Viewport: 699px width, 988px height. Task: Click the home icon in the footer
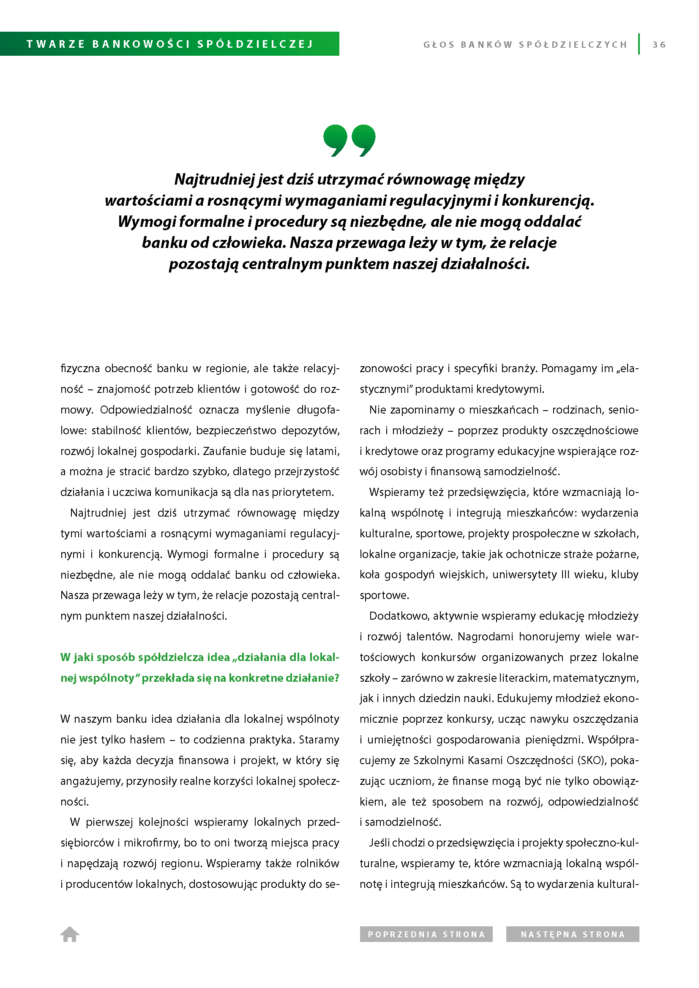pyautogui.click(x=69, y=934)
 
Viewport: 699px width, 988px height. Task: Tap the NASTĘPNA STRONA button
pyautogui.click(x=573, y=934)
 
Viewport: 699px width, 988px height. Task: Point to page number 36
pyautogui.click(x=659, y=44)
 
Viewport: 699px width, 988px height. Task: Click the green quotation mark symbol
pyautogui.click(x=349, y=140)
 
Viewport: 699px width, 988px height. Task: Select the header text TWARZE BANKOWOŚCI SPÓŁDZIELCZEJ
pyautogui.click(x=169, y=44)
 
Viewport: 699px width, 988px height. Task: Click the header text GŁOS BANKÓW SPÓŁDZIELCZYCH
pyautogui.click(x=525, y=45)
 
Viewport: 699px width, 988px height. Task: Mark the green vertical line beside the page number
pyautogui.click(x=639, y=44)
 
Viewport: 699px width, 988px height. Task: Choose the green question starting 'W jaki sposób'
pyautogui.click(x=200, y=667)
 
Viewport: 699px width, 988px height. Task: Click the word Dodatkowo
pyautogui.click(x=399, y=616)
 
